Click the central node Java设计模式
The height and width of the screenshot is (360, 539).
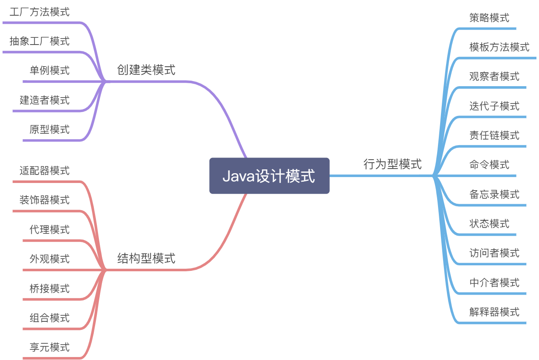coord(269,176)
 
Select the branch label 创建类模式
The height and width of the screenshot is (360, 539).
coord(146,70)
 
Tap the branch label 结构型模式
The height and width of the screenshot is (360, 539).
coord(146,258)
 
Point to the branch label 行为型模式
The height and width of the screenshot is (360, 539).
coord(393,164)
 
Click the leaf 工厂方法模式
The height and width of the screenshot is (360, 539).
coord(39,12)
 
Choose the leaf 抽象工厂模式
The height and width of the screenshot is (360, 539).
coord(39,41)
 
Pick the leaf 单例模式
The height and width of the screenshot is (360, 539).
coord(49,70)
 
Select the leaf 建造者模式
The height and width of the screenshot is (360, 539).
coord(45,100)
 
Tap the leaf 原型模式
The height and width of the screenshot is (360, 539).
coord(49,129)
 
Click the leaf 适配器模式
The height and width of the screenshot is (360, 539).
coord(45,171)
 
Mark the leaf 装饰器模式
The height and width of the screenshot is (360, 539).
coord(45,200)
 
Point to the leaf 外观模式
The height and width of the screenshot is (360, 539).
coord(49,259)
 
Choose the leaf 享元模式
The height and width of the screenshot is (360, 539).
coord(49,347)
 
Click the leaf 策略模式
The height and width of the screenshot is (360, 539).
coord(489,18)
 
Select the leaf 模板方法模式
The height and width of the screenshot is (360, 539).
coord(499,47)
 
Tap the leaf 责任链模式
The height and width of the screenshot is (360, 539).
coord(494,135)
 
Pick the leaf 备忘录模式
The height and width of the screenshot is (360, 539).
coord(494,194)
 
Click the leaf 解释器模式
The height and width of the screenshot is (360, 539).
coord(494,312)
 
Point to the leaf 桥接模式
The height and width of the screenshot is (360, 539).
coord(49,289)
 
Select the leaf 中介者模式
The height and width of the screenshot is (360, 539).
coord(494,282)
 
